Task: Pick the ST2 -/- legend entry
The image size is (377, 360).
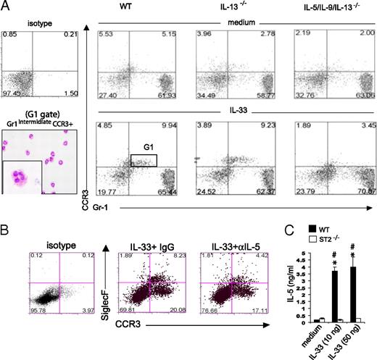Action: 333,246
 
